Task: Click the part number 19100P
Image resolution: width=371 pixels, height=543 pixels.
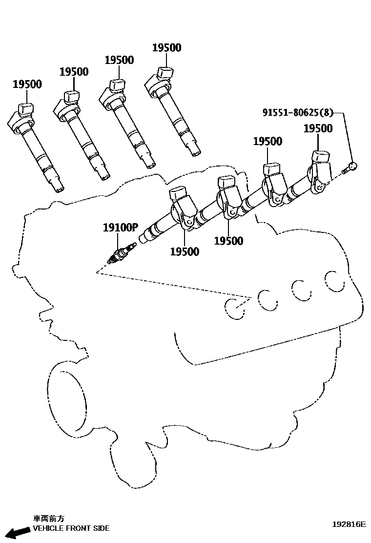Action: coord(121,227)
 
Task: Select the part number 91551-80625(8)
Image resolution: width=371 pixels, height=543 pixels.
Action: coord(298,113)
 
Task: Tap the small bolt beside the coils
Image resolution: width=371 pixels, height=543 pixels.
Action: coord(350,168)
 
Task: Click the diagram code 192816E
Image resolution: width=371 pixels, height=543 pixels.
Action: coord(349,524)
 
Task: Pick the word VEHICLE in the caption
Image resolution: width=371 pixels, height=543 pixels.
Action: coord(47,528)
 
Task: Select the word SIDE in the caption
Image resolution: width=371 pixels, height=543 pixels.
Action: coord(102,528)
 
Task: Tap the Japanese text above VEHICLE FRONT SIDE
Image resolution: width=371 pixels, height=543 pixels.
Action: coord(48,519)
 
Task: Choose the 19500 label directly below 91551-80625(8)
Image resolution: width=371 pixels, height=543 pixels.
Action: coord(318,128)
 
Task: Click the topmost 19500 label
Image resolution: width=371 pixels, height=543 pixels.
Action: coord(166,47)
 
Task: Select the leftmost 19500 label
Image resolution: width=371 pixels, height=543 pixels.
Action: coord(27,84)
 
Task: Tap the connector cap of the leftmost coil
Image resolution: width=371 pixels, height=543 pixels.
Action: coord(25,108)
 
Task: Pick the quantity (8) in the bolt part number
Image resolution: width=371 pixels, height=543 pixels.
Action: coord(328,113)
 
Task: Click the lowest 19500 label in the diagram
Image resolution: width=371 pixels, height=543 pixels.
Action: coord(185,252)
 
